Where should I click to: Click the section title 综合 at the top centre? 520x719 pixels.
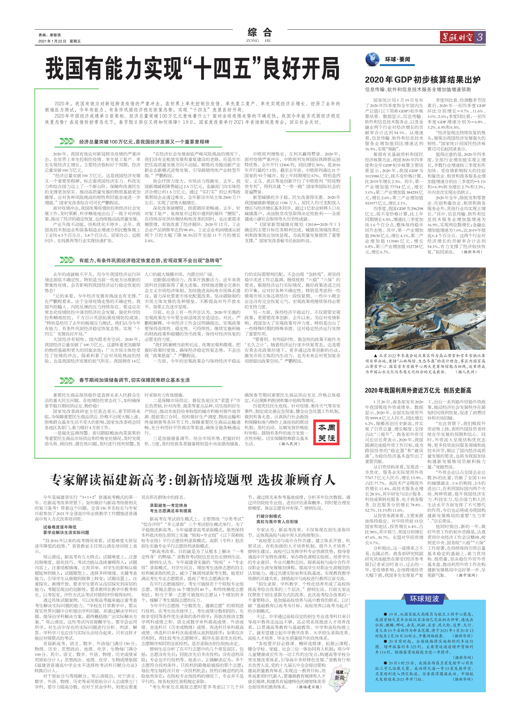260,33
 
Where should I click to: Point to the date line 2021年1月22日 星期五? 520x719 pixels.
60,41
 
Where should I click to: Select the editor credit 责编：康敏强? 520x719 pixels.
50,35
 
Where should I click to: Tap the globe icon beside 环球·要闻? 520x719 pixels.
372,59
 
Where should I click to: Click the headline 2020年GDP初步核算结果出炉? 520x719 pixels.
422,80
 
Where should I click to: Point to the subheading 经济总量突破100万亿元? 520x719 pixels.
144,142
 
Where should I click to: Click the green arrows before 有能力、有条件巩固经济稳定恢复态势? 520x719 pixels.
67,260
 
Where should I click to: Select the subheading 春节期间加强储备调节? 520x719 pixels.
134,380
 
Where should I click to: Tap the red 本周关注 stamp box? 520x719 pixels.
326,433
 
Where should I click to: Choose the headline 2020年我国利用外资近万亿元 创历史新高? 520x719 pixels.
418,390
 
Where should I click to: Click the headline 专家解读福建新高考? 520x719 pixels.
192,479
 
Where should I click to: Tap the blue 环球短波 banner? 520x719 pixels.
424,599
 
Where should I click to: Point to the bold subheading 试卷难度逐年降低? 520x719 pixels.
60,527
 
